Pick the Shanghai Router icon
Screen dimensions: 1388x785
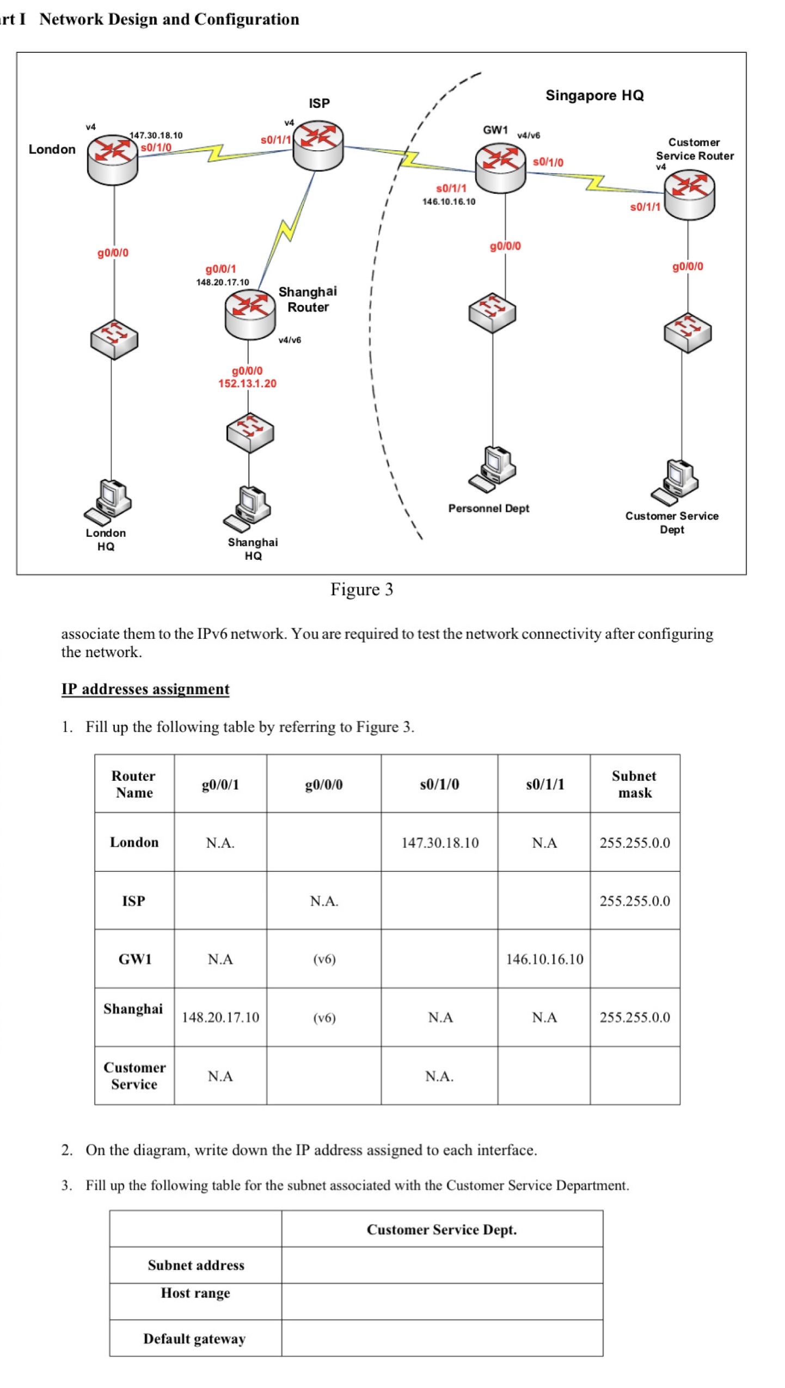point(249,313)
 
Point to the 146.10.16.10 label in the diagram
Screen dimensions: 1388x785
point(448,201)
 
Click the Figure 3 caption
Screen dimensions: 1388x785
point(361,589)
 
